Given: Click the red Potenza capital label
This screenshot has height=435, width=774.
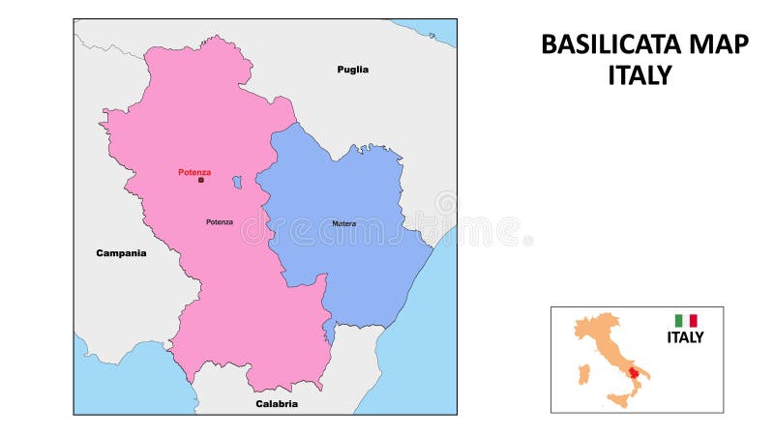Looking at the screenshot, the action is [x=194, y=172].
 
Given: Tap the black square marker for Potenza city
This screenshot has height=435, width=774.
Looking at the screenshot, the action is [x=201, y=180].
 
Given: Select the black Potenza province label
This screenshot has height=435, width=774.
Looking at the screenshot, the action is [x=220, y=222].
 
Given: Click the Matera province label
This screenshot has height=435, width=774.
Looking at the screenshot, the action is [x=343, y=223].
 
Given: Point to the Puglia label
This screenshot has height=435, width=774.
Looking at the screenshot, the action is [x=353, y=70].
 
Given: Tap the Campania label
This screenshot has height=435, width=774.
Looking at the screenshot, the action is [x=121, y=253].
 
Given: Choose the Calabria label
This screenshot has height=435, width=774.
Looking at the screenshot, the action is [x=277, y=403].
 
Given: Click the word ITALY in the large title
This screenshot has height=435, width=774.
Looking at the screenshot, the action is [x=640, y=76].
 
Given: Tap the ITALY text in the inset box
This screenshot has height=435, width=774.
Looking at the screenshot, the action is [x=685, y=337].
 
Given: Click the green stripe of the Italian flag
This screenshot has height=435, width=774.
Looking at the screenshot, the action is [x=678, y=320].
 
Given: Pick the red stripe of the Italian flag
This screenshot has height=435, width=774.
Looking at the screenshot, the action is [x=693, y=320].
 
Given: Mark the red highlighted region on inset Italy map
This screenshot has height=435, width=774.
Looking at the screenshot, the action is [x=634, y=372].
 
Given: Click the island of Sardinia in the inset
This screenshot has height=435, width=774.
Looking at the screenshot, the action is [x=582, y=374].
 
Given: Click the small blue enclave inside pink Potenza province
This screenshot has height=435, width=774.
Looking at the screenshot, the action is [x=237, y=182].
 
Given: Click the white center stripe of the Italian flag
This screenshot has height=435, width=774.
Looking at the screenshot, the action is [x=686, y=320].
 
